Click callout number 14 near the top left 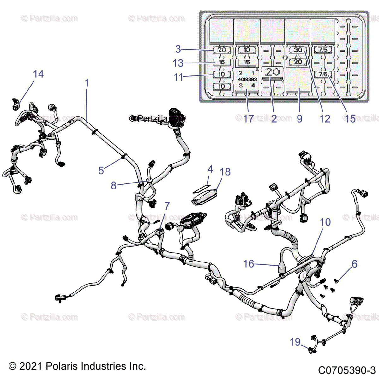pos(38,74)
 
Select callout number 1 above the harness pos(87,83)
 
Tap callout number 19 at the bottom pos(295,342)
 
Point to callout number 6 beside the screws pos(354,264)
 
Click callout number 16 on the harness pos(249,263)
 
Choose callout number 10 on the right pos(325,222)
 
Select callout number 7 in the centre pos(167,206)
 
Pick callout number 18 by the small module pos(225,172)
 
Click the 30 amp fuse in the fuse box pos(298,50)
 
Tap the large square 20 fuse pos(272,72)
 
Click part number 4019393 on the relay pos(247,79)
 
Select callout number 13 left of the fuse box pos(178,63)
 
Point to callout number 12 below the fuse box pos(325,119)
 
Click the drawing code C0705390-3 pos(346,370)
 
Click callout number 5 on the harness pos(101,170)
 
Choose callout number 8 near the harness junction pos(114,185)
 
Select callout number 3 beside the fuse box pos(178,49)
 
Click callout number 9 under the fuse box pos(299,119)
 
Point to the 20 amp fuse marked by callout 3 pos(222,50)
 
